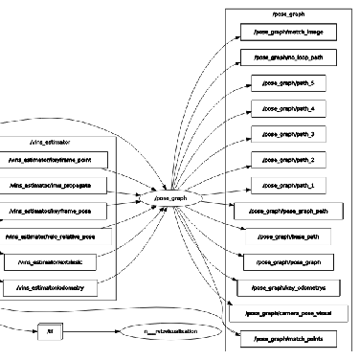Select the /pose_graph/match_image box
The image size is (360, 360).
tap(288, 34)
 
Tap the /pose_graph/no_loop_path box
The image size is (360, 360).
tap(288, 58)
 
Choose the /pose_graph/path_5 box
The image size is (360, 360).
tap(288, 83)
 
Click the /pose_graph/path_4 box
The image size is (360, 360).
tap(288, 108)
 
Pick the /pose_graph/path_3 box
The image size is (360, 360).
tap(288, 133)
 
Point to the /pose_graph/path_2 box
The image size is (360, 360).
tap(288, 158)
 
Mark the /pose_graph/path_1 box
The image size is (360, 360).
tap(288, 183)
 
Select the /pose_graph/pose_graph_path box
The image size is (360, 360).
tap(288, 208)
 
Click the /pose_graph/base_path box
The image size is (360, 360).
tap(288, 234)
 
